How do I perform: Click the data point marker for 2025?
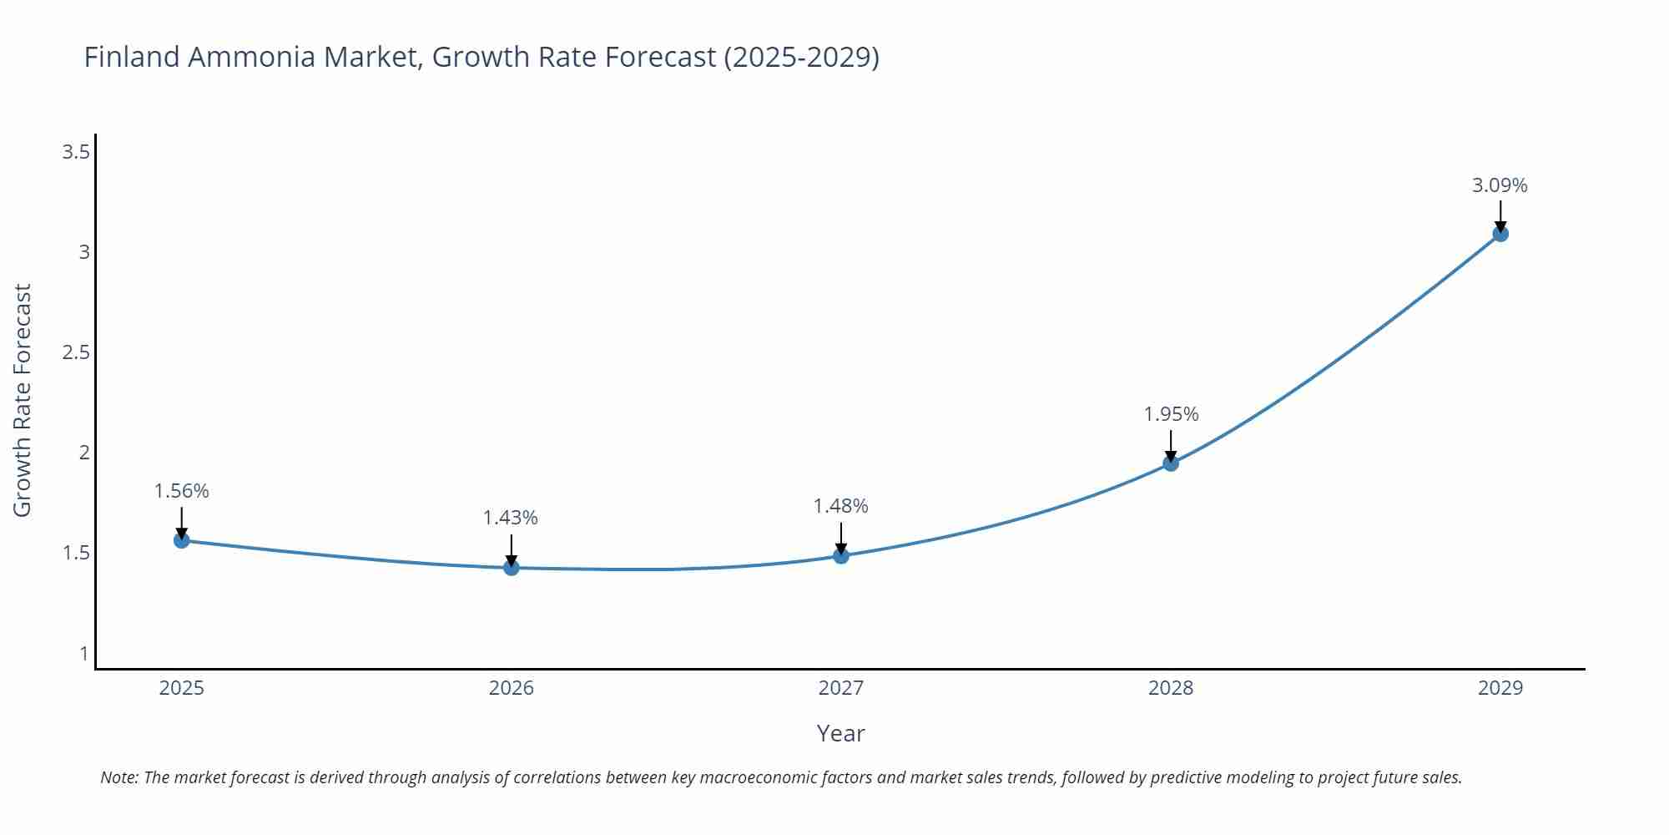182,540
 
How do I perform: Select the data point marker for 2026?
512,568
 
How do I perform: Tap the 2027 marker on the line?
841,556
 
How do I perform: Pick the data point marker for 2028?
1171,463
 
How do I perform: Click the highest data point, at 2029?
1500,234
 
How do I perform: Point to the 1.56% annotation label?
181,491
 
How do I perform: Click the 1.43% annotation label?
511,518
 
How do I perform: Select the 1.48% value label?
840,506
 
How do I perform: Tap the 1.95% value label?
1171,414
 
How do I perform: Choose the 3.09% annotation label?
1500,185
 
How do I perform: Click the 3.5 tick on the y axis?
76,152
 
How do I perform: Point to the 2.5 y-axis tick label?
76,352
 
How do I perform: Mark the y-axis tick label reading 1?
84,653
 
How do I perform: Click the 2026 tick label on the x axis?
512,688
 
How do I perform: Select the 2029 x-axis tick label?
1500,688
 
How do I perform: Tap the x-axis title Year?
840,733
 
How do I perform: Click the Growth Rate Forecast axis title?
23,400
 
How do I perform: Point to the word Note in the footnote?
119,777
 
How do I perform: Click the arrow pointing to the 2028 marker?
1171,444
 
